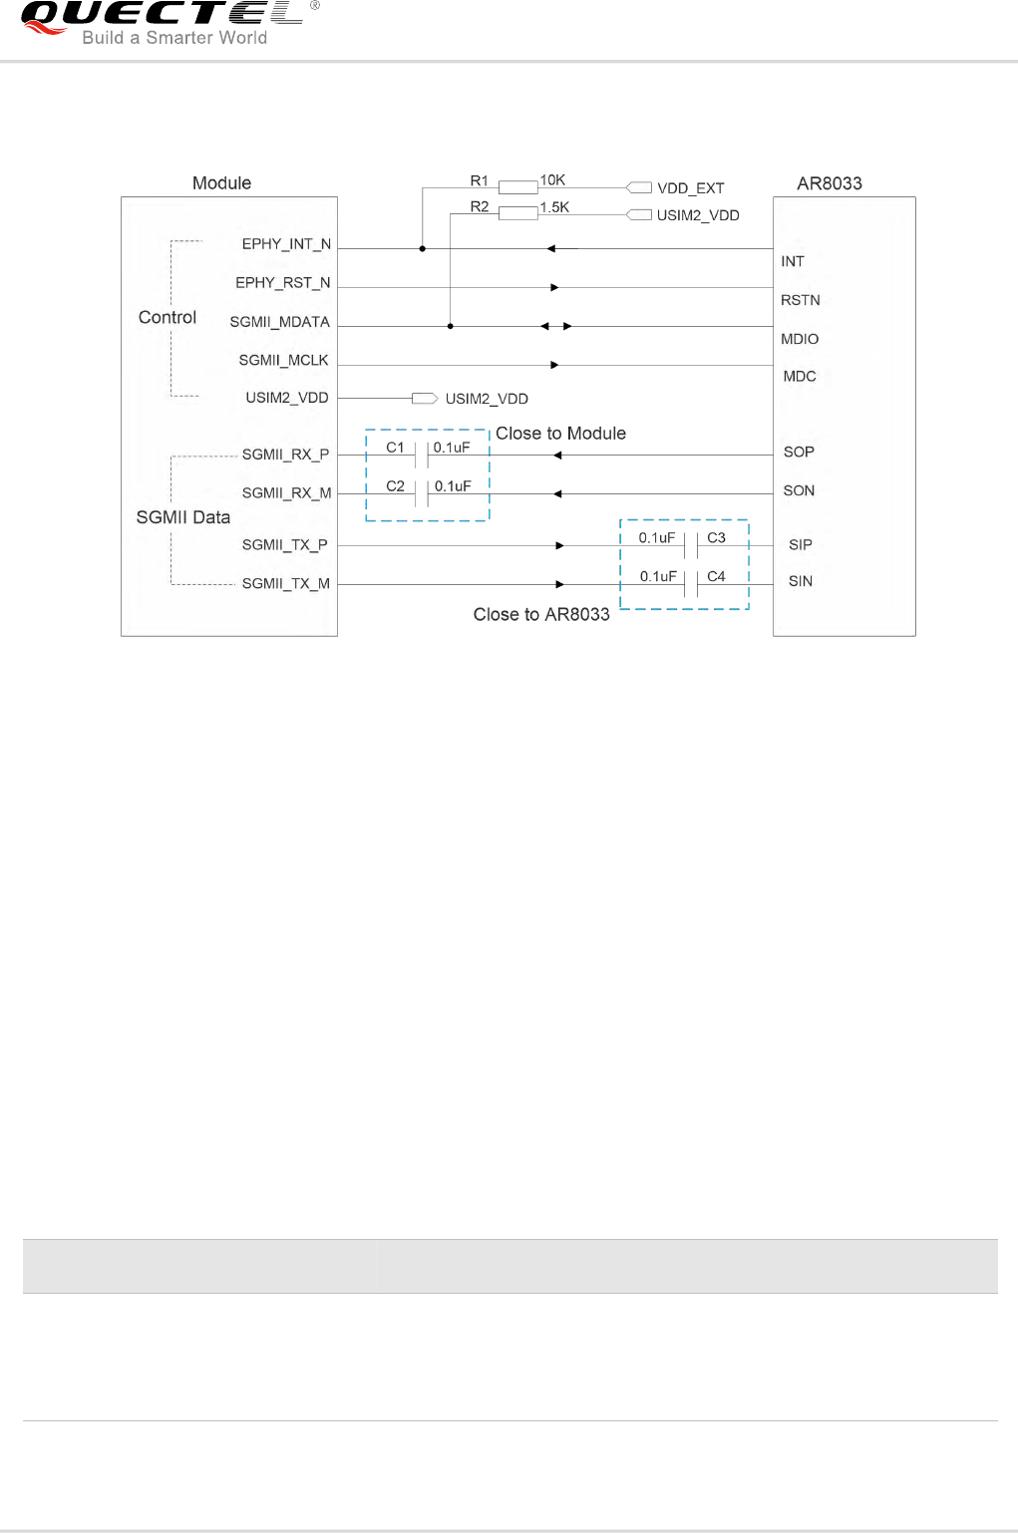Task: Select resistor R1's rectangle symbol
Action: click(x=518, y=187)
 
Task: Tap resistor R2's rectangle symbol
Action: click(x=518, y=212)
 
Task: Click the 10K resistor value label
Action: click(x=552, y=180)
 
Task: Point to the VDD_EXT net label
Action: click(x=690, y=188)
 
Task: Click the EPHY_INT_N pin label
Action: click(x=286, y=244)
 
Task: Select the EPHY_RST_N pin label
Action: click(x=282, y=283)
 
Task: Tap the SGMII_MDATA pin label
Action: click(x=279, y=322)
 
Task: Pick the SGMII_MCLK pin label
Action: click(x=283, y=361)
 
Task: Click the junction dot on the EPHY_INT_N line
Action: click(x=423, y=248)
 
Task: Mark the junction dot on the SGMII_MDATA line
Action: click(x=451, y=326)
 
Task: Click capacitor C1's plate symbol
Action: click(x=422, y=455)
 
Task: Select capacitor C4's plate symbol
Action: click(x=691, y=584)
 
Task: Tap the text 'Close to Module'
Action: click(x=560, y=434)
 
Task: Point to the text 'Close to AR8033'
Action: click(x=541, y=615)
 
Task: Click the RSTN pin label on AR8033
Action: click(x=801, y=300)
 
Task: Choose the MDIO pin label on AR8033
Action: click(x=800, y=339)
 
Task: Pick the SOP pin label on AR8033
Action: click(x=799, y=453)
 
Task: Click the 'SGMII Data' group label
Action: click(x=183, y=517)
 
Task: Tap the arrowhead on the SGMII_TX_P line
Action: click(x=560, y=545)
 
